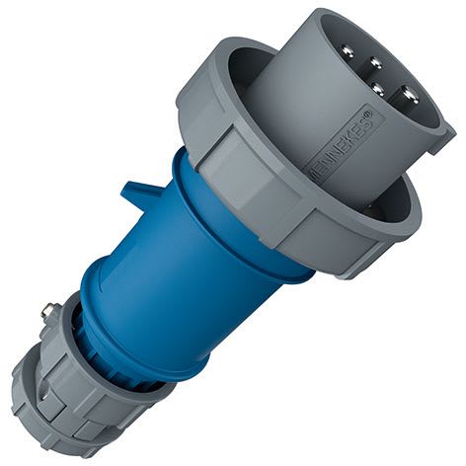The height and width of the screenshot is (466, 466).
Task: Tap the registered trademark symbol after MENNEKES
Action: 369,114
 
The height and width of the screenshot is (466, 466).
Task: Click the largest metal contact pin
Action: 409,95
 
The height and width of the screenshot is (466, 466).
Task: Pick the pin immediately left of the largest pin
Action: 377,88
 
